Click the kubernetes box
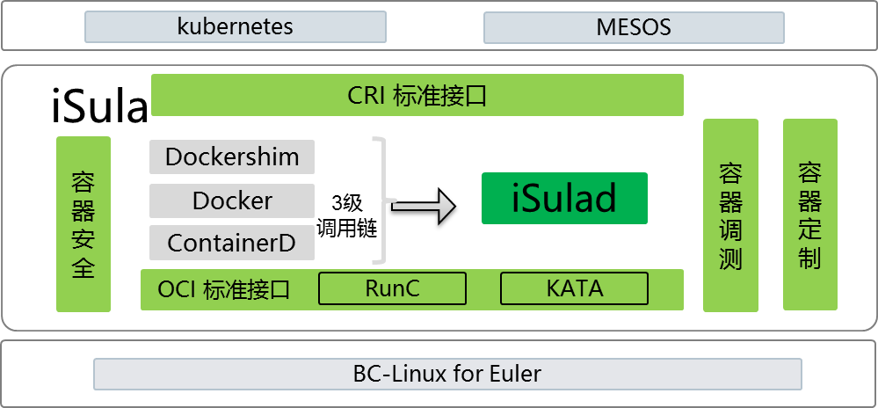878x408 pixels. (x=235, y=27)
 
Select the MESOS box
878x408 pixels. (x=634, y=27)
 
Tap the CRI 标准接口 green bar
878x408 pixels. (x=417, y=95)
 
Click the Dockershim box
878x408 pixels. (x=232, y=157)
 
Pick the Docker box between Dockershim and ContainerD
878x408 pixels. (x=232, y=200)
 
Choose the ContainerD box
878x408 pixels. (x=232, y=243)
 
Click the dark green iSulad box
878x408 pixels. (x=564, y=199)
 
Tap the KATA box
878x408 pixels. (x=574, y=288)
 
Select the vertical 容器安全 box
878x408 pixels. (x=83, y=223)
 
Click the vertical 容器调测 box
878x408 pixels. (x=730, y=215)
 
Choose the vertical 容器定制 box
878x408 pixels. (x=809, y=215)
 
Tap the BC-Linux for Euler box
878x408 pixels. (x=447, y=374)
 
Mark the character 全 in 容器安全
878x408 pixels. (x=83, y=268)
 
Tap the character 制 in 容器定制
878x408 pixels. (x=809, y=258)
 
